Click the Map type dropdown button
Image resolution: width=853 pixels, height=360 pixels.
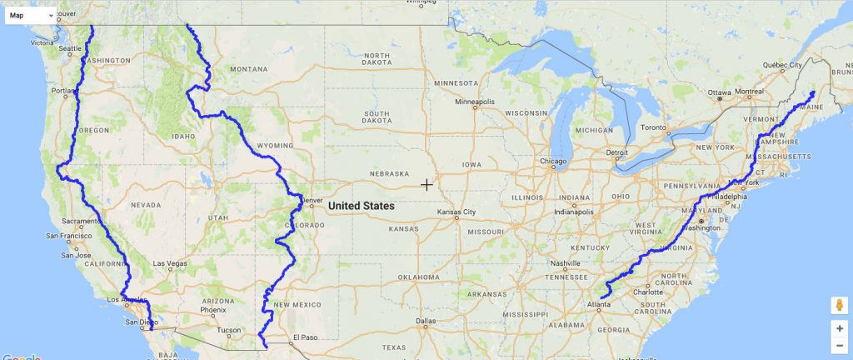coord(31,15)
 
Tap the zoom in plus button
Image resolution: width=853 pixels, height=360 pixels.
coord(840,328)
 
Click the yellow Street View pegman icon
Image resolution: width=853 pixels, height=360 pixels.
coord(840,304)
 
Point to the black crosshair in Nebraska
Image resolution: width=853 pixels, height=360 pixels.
coord(426,184)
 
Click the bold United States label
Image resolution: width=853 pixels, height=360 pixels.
coord(361,205)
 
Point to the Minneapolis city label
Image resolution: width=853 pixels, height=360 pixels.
coord(473,102)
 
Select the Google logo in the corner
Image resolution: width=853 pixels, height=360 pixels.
coord(20,356)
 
